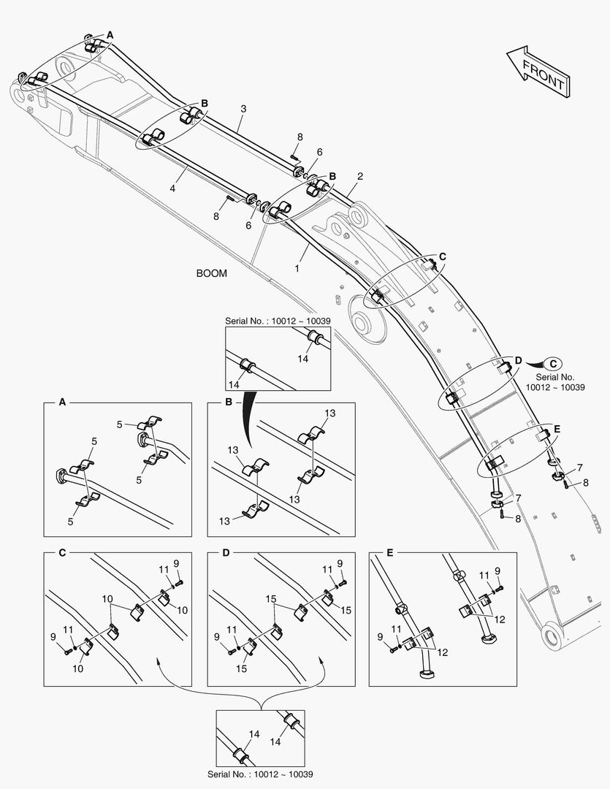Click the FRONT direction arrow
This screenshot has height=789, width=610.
[538, 71]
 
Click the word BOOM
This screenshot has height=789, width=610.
[211, 274]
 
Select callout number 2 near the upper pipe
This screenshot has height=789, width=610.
[360, 176]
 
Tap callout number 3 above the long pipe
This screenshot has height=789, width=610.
[243, 109]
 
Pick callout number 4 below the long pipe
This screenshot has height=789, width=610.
[172, 188]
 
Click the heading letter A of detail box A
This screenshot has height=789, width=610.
[62, 403]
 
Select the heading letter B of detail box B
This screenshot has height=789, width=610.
[228, 403]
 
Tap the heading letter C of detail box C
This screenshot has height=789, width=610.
[62, 553]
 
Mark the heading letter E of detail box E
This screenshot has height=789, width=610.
[389, 553]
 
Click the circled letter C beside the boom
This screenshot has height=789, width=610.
[554, 363]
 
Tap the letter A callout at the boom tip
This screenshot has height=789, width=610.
[110, 34]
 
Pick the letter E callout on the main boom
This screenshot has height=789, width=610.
[557, 429]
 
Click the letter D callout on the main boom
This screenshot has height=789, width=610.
[518, 361]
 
